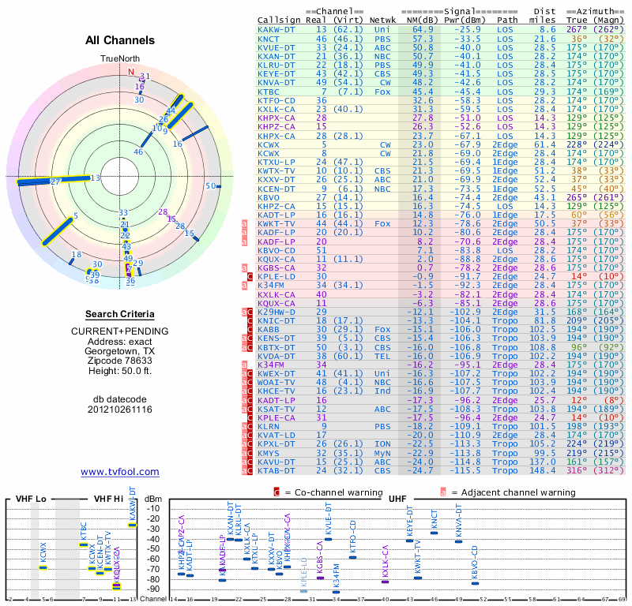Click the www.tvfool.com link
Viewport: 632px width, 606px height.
(x=120, y=472)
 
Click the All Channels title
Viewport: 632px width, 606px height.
(x=120, y=40)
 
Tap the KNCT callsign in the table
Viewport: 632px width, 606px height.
(x=269, y=38)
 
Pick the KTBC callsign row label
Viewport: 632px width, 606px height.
(x=269, y=92)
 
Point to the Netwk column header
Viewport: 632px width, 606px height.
(x=385, y=20)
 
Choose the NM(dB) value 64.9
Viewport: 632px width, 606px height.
(x=423, y=29)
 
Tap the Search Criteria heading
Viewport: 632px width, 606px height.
(x=120, y=313)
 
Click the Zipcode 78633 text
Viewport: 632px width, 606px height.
(x=120, y=371)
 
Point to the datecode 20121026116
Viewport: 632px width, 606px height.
(x=120, y=410)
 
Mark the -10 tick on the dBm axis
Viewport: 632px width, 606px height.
(x=153, y=508)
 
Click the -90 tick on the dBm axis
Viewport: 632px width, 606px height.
(x=153, y=589)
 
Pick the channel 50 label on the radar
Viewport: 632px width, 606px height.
(x=211, y=186)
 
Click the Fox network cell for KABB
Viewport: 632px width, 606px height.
(x=385, y=328)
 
